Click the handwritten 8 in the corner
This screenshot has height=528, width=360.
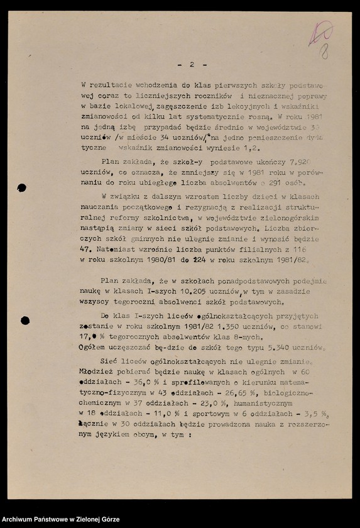click(324, 52)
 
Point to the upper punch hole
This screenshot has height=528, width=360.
click(21, 187)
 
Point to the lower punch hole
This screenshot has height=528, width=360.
click(25, 321)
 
